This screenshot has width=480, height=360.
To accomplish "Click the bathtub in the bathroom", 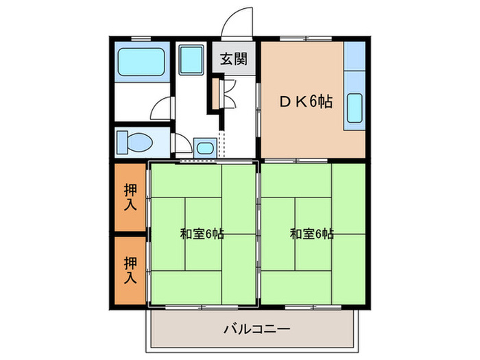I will [x=142, y=63].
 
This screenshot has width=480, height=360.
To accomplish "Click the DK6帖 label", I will [x=306, y=102].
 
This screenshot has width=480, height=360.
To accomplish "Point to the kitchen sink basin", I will [x=354, y=107].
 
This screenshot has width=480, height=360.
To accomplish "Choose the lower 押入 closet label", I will [x=130, y=269].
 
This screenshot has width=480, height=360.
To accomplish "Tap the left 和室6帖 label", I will [x=202, y=234].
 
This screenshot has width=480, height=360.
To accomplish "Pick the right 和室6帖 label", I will [x=311, y=234].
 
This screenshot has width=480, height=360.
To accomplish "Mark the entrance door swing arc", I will [x=237, y=19].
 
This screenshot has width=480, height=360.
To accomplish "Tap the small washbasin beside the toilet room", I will [x=204, y=146].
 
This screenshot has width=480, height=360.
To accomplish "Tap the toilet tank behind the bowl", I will [x=123, y=143].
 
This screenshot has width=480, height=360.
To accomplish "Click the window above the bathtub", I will [x=141, y=38].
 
